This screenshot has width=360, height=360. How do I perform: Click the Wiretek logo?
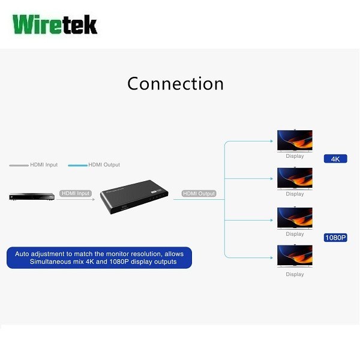pos(55,25)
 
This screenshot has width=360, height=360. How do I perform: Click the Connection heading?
pos(175,83)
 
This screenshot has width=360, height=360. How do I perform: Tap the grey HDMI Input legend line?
pos(19,165)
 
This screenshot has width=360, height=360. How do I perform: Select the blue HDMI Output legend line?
pos(77,165)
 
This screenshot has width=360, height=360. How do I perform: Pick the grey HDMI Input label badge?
pos(76,194)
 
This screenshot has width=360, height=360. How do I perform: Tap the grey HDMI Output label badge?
pos(199,194)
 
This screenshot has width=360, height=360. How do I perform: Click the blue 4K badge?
pos(335,159)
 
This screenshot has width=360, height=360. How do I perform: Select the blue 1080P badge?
pos(335,238)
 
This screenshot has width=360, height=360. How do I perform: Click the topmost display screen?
pos(295,141)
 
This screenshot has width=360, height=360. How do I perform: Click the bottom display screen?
pos(295,256)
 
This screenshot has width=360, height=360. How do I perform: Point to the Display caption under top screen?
pos(295,156)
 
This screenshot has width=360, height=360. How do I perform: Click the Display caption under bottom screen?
pos(295,274)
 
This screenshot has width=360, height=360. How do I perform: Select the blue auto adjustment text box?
pos(99,257)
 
